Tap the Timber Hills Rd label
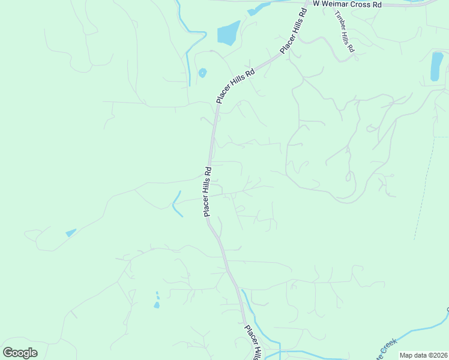tap(345, 35)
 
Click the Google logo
tap(20, 352)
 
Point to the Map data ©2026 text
tap(423, 355)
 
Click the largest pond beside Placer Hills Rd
tap(228, 34)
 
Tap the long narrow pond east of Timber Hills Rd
tap(437, 66)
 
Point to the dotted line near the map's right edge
tap(424, 186)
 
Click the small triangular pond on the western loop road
tap(71, 232)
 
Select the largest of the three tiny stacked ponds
tap(157, 305)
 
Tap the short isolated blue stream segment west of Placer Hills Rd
tap(176, 205)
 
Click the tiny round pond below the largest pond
tap(202, 73)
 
